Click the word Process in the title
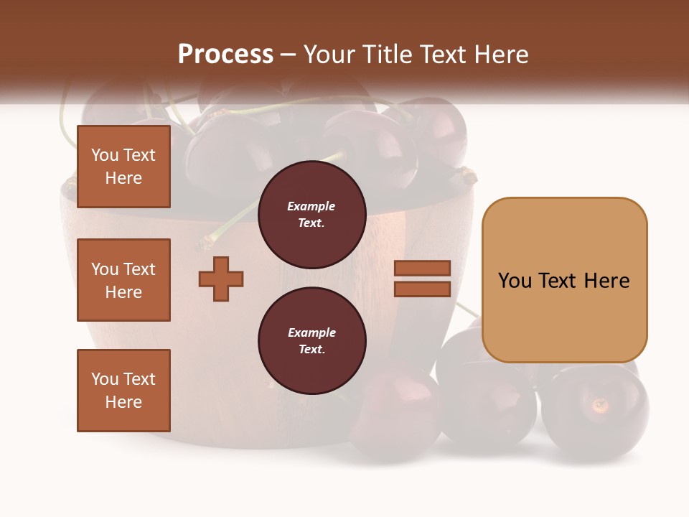tap(225, 54)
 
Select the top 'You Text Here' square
tap(123, 167)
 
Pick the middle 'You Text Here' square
tap(123, 280)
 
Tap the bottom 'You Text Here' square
tap(123, 391)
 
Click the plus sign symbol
tap(221, 279)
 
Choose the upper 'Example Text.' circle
tap(311, 215)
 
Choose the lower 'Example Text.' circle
tap(311, 341)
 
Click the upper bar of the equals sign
tap(422, 269)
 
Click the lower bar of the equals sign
tap(422, 289)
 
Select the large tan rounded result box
tap(564, 280)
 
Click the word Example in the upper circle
tap(311, 206)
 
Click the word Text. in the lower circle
tap(311, 350)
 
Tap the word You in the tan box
tap(515, 280)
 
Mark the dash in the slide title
tap(289, 55)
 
